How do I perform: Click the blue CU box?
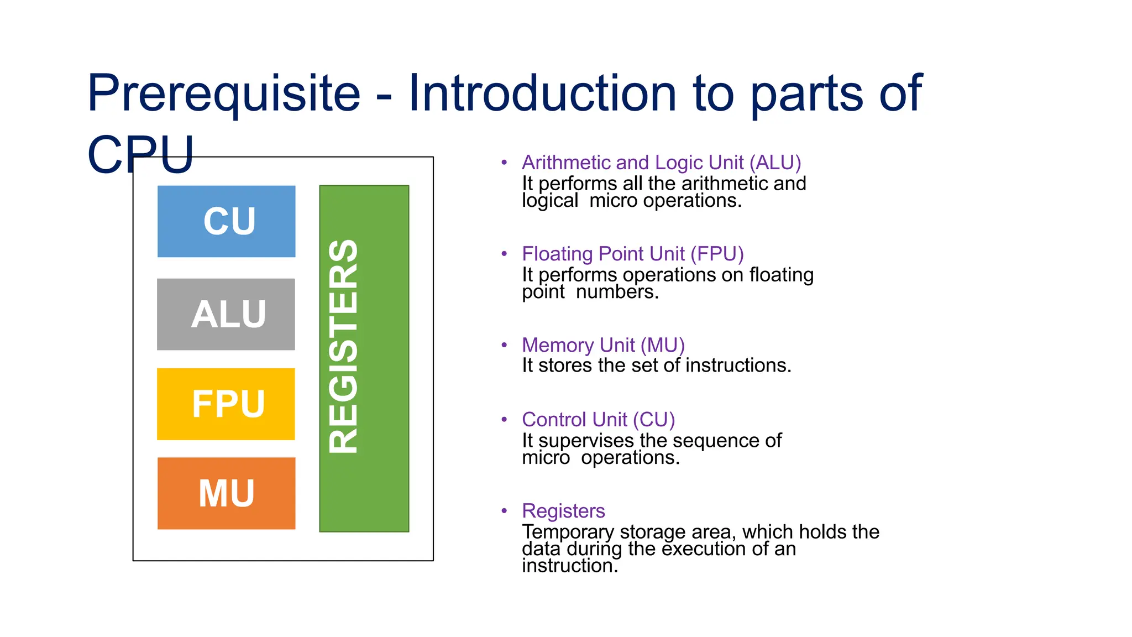tap(226, 221)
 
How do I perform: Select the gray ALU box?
tap(226, 314)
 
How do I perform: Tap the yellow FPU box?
tap(226, 404)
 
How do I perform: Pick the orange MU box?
tap(226, 493)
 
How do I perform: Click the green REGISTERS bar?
tap(364, 358)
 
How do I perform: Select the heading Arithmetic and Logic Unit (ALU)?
tap(661, 163)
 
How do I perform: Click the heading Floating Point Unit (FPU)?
tap(632, 254)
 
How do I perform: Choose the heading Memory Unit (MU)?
tap(603, 345)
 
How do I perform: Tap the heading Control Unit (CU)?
tap(598, 420)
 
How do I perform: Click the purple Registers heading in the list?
tap(563, 511)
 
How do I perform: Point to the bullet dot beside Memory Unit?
tap(504, 345)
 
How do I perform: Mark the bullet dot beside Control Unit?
tap(504, 420)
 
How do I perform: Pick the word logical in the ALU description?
tap(550, 201)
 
